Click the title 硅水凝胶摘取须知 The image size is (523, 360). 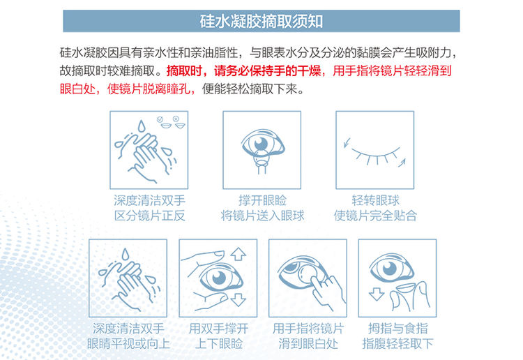point(261,21)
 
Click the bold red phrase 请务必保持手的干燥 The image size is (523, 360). point(267,70)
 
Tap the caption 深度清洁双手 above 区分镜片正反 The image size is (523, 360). point(149,200)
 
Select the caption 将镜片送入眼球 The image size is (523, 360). point(262,216)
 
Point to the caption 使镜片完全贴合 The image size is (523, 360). point(375,216)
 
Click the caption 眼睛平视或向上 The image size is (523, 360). point(128,343)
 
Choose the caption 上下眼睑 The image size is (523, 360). point(218,343)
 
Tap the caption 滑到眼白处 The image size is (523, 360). point(308,343)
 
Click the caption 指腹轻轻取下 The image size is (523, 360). point(397,343)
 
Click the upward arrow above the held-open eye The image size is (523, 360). point(238,254)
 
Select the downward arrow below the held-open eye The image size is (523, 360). point(238,299)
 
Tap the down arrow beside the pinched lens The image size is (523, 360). point(377,294)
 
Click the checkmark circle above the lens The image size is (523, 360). point(160,119)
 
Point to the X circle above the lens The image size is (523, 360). point(176,119)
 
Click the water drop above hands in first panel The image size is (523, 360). point(142,126)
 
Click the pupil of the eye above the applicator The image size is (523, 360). point(261,144)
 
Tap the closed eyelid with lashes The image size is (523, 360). point(375,154)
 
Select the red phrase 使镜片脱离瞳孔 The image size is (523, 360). point(149,89)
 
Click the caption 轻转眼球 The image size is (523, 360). point(375,200)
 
